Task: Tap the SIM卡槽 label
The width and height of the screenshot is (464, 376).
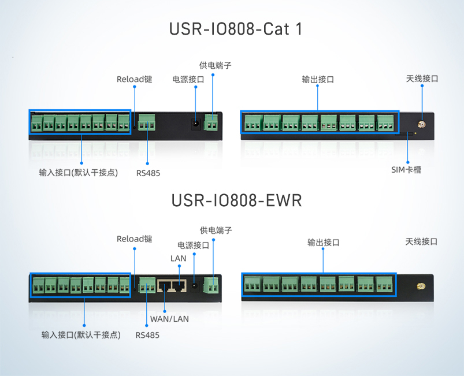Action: (406, 170)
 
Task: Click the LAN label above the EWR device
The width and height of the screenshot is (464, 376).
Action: (178, 258)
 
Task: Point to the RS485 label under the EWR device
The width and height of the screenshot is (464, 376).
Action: (147, 335)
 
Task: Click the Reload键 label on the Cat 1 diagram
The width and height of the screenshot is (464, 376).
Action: (134, 79)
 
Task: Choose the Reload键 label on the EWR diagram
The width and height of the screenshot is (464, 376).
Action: (134, 239)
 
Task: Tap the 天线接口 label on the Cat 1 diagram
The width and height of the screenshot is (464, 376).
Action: (422, 79)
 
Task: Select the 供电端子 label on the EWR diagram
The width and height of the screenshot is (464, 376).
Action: (215, 230)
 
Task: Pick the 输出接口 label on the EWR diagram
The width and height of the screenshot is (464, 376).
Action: (323, 243)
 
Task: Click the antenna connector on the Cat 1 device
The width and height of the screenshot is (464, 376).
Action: (422, 124)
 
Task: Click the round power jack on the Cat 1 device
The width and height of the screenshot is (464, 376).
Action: (196, 124)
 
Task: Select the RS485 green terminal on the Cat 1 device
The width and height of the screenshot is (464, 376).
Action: (147, 124)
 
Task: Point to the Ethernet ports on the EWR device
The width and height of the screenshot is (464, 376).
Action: (172, 285)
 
